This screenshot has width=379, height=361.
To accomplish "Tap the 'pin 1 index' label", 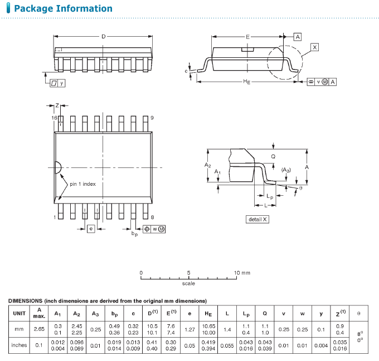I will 83,184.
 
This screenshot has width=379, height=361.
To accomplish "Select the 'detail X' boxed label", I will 257,219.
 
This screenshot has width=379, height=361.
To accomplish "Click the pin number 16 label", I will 55,118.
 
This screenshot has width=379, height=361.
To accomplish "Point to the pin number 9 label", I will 152,118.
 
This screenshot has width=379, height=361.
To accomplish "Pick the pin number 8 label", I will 152,216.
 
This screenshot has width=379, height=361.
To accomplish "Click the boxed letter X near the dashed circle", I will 315,48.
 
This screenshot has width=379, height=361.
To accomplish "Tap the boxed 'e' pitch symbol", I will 90,228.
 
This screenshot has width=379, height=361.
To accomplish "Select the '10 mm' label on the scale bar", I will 242,273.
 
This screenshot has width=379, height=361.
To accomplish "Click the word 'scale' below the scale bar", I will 188,284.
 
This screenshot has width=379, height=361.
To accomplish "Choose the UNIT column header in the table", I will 19,313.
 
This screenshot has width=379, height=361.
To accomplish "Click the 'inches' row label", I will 19,345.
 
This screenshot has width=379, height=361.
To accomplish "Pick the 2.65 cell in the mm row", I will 38,329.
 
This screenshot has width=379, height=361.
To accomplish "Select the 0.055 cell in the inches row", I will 227,345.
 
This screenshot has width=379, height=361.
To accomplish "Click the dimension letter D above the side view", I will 103,37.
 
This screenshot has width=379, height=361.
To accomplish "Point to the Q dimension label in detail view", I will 273,156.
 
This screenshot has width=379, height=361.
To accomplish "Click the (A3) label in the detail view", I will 285,170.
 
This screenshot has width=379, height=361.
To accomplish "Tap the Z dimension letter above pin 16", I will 57,105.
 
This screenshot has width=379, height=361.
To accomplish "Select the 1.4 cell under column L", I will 227,329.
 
